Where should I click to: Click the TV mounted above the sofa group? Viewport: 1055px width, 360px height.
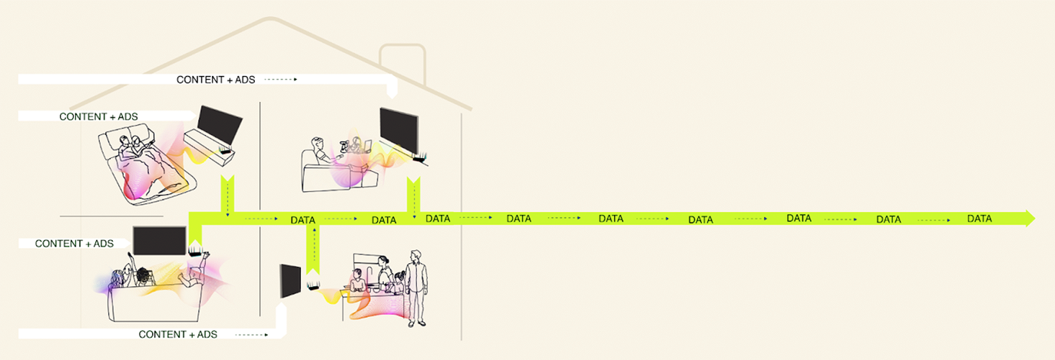(x=160, y=241)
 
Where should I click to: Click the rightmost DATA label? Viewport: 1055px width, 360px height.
(x=979, y=219)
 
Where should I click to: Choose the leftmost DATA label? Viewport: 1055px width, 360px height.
(x=303, y=220)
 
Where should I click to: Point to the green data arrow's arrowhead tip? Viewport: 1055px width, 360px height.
(x=1033, y=218)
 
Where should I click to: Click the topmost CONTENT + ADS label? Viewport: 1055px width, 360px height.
(x=216, y=80)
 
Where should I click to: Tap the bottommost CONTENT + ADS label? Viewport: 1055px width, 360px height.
(x=178, y=335)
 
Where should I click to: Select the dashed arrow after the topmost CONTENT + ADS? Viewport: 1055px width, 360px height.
(x=280, y=80)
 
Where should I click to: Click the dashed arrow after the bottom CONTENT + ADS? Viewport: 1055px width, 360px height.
(x=250, y=335)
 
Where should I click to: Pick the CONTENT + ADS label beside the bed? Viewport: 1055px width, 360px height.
(x=98, y=117)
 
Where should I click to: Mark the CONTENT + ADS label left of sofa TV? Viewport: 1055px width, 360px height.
(x=74, y=243)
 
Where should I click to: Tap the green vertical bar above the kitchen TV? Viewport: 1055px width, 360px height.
(x=313, y=245)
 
